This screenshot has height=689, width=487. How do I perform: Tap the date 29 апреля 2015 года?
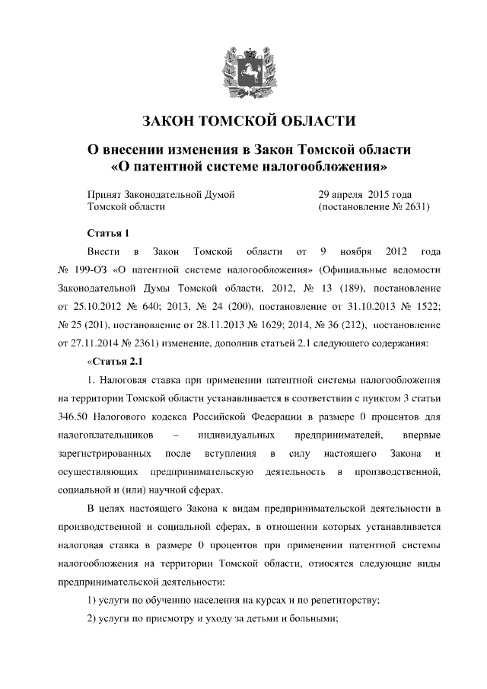(x=365, y=194)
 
